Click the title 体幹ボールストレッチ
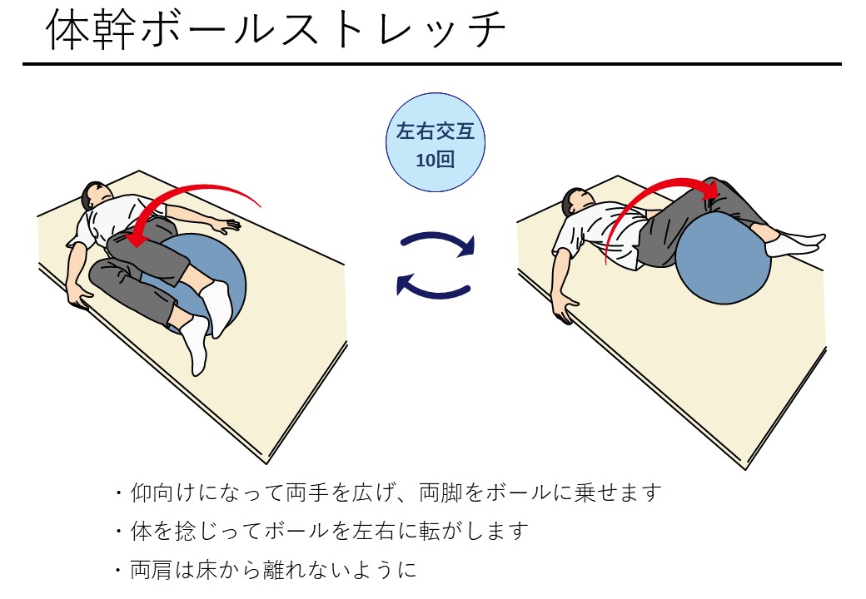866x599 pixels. coord(275,32)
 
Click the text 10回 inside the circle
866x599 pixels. coord(435,160)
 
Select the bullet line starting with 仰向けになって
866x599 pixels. coord(387,493)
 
